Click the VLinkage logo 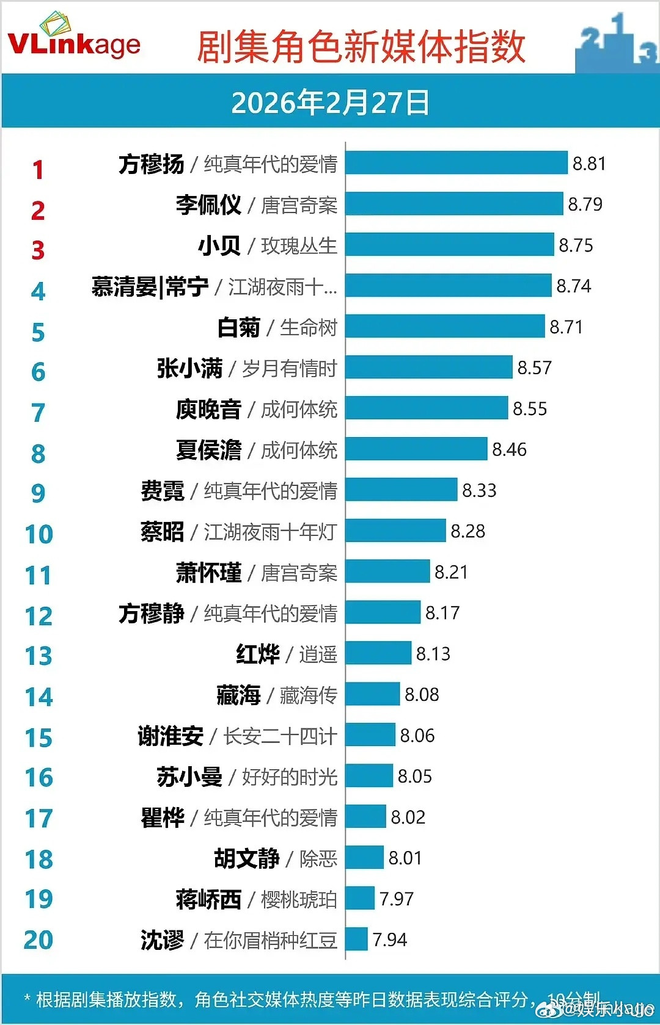coord(74,38)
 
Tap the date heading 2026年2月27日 coord(330,103)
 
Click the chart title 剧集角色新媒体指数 coord(361,47)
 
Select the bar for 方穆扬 coord(457,163)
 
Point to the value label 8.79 coord(585,204)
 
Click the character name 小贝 coord(219,245)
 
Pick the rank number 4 coord(38,291)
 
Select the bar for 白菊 coord(445,327)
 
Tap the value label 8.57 coord(534,368)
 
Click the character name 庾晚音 coord(208,409)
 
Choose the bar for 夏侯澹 coord(416,449)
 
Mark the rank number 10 coord(38,534)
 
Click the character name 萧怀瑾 coord(208,573)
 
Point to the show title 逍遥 coord(318,654)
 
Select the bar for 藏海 coord(373,695)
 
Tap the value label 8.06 coord(417,736)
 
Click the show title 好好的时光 coord(290,777)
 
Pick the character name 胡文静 coord(246,858)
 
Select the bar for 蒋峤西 coord(360,899)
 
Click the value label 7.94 coord(389,940)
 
